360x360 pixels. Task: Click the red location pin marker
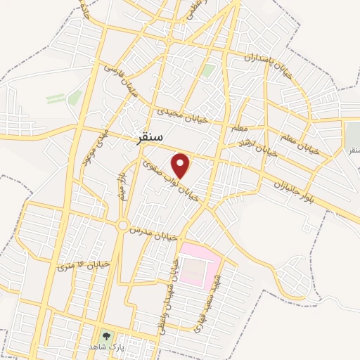pyautogui.click(x=182, y=166)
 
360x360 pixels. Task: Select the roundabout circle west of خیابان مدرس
pyautogui.click(x=124, y=226)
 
